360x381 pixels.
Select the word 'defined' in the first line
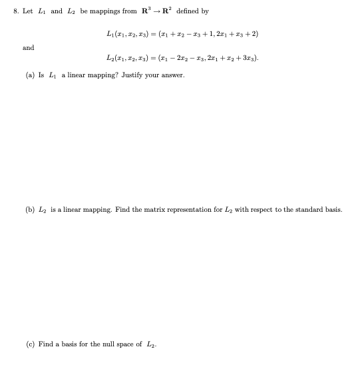[189, 11]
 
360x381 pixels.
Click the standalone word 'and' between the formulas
[28, 48]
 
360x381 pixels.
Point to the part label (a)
[30, 75]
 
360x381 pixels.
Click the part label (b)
[30, 209]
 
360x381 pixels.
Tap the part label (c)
[30, 344]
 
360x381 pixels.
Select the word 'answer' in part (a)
[172, 75]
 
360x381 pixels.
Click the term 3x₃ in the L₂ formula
[250, 59]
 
